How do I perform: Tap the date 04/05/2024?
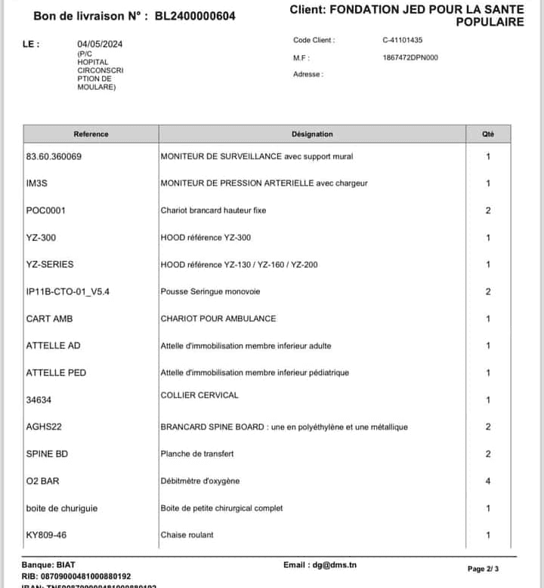(100, 45)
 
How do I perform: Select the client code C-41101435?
(403, 41)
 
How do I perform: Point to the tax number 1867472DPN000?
(410, 57)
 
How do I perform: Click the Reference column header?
(91, 134)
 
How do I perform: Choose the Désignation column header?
(312, 134)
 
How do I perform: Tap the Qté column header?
(488, 134)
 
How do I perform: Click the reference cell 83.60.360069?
(54, 157)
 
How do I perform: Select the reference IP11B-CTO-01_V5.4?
(68, 291)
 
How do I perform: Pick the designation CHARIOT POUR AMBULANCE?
(218, 319)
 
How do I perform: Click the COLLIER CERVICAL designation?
(199, 395)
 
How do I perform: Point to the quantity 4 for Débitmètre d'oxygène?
(488, 481)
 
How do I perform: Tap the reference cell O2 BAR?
(42, 481)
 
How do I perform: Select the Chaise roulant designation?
(187, 535)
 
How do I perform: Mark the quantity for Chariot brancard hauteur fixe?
(488, 211)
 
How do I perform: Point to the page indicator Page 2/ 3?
(493, 568)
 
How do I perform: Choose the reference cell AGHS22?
(44, 427)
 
